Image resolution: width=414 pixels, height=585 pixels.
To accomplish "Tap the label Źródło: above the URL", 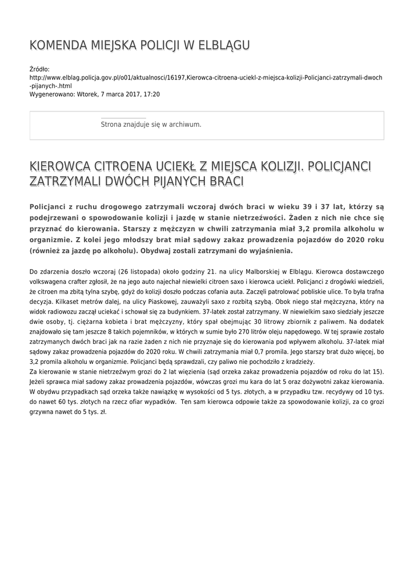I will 39,69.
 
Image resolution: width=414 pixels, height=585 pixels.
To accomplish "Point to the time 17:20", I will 152,94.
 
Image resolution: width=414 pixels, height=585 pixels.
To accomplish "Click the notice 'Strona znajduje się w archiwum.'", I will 151,124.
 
